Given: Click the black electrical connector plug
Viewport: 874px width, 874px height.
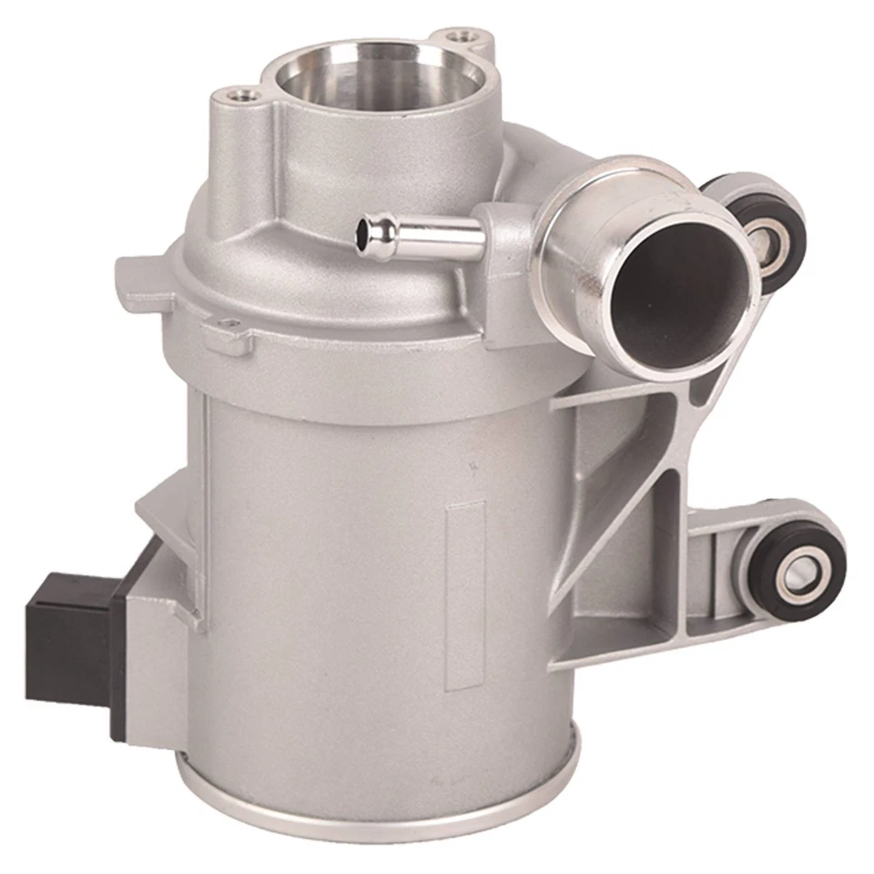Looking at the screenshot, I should (68, 637).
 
